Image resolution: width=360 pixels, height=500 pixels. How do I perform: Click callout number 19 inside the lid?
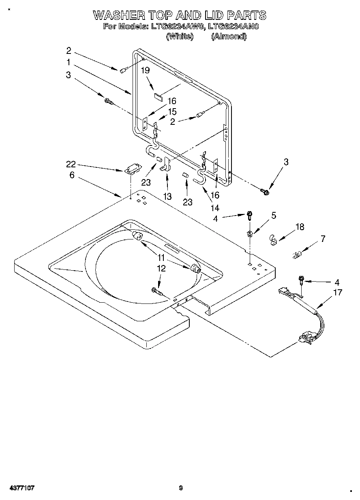tap(145, 70)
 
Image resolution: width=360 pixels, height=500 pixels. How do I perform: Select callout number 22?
tap(71, 164)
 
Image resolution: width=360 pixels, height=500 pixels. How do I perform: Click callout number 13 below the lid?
tap(167, 197)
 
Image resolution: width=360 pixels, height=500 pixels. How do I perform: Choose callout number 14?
tap(215, 208)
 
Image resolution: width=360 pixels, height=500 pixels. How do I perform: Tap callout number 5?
tap(274, 216)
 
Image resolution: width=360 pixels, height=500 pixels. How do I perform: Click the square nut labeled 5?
tap(250, 233)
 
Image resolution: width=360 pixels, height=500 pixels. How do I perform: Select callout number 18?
tap(300, 227)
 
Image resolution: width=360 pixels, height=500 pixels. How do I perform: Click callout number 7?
tap(323, 239)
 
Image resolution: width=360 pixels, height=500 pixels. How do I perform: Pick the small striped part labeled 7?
tap(297, 255)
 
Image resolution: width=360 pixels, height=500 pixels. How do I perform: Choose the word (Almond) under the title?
tap(229, 36)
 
